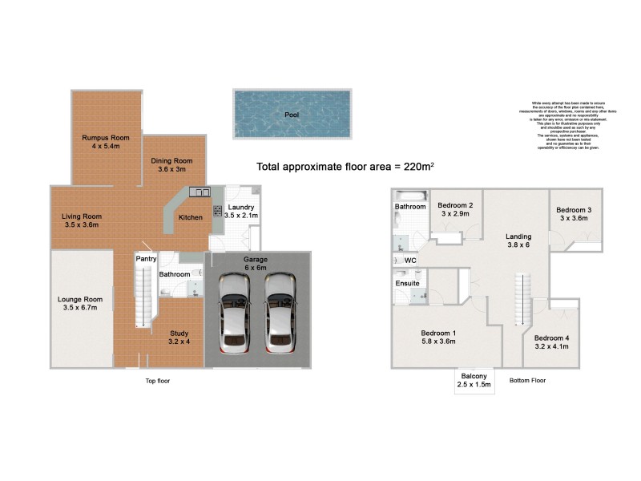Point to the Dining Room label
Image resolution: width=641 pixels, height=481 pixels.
point(172,164)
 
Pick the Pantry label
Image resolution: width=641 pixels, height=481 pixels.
point(146,259)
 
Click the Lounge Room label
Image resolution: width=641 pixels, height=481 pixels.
point(80,304)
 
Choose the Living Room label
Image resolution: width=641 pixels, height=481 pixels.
point(82,220)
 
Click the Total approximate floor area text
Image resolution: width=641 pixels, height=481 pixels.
point(345,167)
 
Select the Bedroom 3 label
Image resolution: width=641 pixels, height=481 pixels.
point(574,214)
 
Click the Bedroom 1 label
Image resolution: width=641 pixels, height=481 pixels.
point(438,338)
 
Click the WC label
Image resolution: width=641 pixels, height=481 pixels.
point(410,261)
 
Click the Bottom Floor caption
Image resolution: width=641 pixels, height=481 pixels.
point(527,381)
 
